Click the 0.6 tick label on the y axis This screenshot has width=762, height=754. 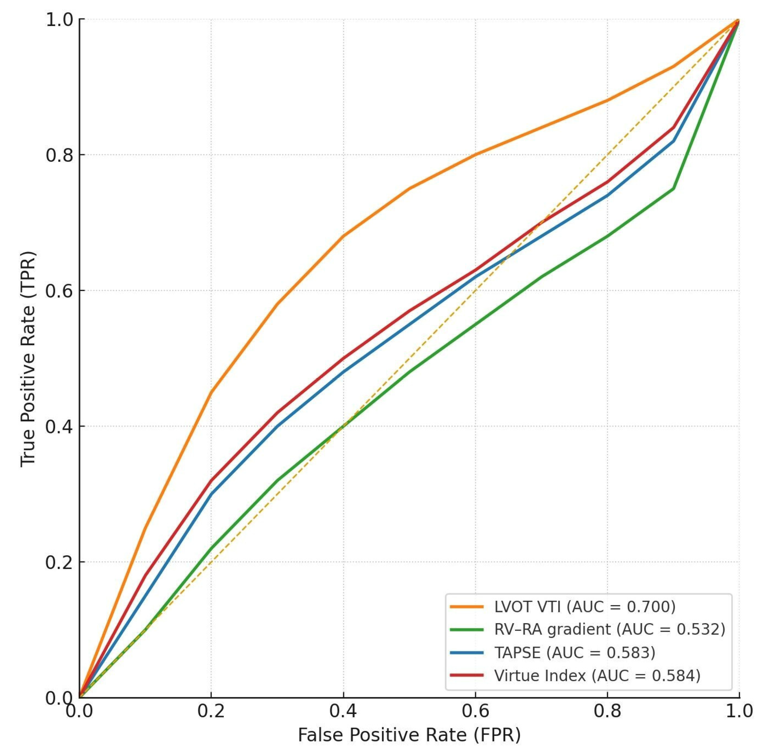click(x=60, y=291)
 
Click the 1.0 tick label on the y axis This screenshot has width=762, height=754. click(x=60, y=20)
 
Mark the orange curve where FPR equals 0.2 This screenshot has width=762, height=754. click(x=211, y=392)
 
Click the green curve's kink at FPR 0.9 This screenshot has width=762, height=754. click(x=673, y=189)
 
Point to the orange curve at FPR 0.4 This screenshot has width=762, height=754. click(x=343, y=236)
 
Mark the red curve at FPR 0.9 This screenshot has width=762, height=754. click(x=673, y=128)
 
